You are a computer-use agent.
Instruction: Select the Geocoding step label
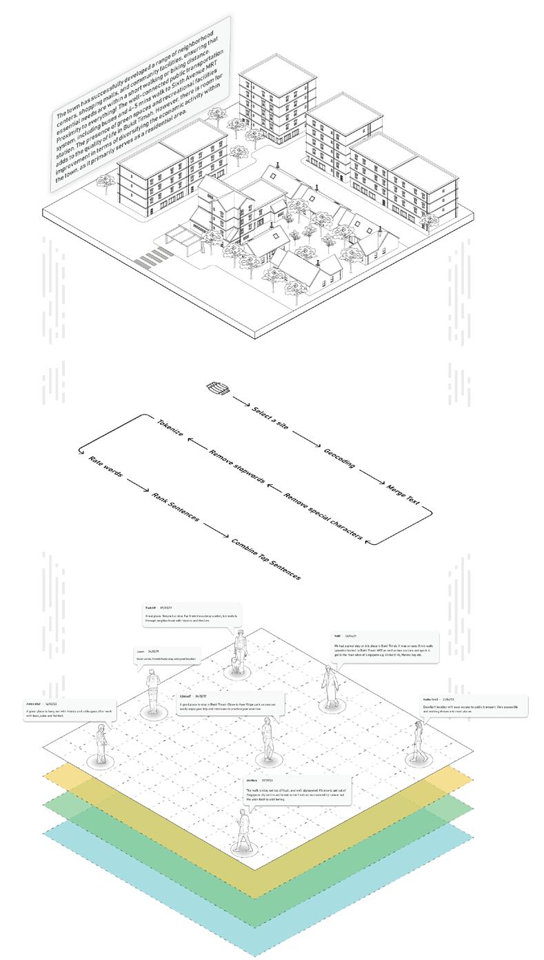point(339,458)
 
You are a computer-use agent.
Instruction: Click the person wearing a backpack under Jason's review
point(152,689)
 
